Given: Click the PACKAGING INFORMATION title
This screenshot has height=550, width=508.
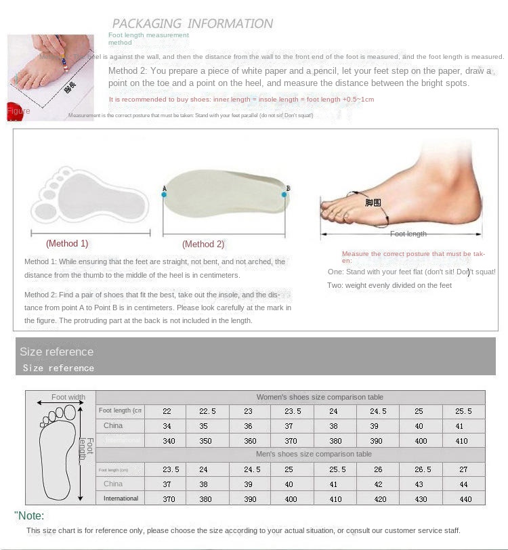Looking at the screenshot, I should pyautogui.click(x=192, y=24).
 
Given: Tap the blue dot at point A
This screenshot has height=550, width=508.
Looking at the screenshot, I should pyautogui.click(x=164, y=194).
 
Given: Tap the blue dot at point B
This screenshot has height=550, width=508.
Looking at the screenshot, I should pyautogui.click(x=284, y=194).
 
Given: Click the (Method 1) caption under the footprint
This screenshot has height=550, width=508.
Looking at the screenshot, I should pyautogui.click(x=67, y=243).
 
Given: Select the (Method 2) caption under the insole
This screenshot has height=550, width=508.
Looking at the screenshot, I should pyautogui.click(x=203, y=245).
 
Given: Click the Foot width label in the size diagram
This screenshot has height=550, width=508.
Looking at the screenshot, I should pyautogui.click(x=68, y=398).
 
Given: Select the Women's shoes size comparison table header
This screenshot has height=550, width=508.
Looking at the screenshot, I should pyautogui.click(x=320, y=397).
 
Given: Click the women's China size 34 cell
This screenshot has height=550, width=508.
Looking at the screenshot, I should pyautogui.click(x=167, y=426).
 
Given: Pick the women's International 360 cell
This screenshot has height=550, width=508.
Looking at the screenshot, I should pyautogui.click(x=249, y=441).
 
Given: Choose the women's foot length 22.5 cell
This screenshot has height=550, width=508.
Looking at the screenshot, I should pyautogui.click(x=208, y=411).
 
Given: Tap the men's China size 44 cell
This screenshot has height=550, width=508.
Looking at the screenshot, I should pyautogui.click(x=464, y=484).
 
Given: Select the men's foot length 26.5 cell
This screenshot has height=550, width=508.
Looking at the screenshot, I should pyautogui.click(x=423, y=469).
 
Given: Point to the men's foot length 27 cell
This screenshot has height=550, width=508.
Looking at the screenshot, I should pyautogui.click(x=464, y=469).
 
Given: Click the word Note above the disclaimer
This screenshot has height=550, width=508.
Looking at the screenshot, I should pyautogui.click(x=30, y=516).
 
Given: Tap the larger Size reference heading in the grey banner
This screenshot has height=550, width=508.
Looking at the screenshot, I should pyautogui.click(x=57, y=352).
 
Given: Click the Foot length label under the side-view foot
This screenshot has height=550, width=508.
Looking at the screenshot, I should pyautogui.click(x=408, y=234).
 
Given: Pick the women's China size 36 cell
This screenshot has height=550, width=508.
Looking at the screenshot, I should pyautogui.click(x=249, y=426).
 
